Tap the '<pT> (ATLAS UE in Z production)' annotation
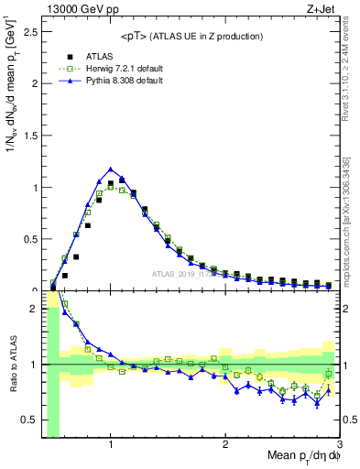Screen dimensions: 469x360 [x=191, y=36]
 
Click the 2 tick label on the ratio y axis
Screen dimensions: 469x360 [x=33, y=310]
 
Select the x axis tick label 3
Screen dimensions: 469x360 [x=340, y=446]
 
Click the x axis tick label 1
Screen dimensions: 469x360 [x=110, y=446]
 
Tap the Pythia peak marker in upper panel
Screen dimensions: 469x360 [x=110, y=169]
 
